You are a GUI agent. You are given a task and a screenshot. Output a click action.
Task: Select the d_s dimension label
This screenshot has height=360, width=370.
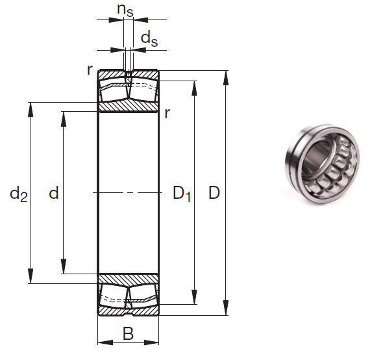pos(149,39)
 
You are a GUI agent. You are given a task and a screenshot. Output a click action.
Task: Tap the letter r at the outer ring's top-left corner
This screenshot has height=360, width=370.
pos(90,70)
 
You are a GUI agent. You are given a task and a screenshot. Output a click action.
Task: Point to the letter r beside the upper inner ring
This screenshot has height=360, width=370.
pos(167,114)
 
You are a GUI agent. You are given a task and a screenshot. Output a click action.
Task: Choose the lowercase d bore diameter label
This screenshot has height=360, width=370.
pos(54,193)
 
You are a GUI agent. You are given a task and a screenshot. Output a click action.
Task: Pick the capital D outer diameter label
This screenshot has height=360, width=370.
pos(214,193)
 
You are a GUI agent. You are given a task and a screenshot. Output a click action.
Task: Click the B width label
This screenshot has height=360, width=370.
pos(128,334)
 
